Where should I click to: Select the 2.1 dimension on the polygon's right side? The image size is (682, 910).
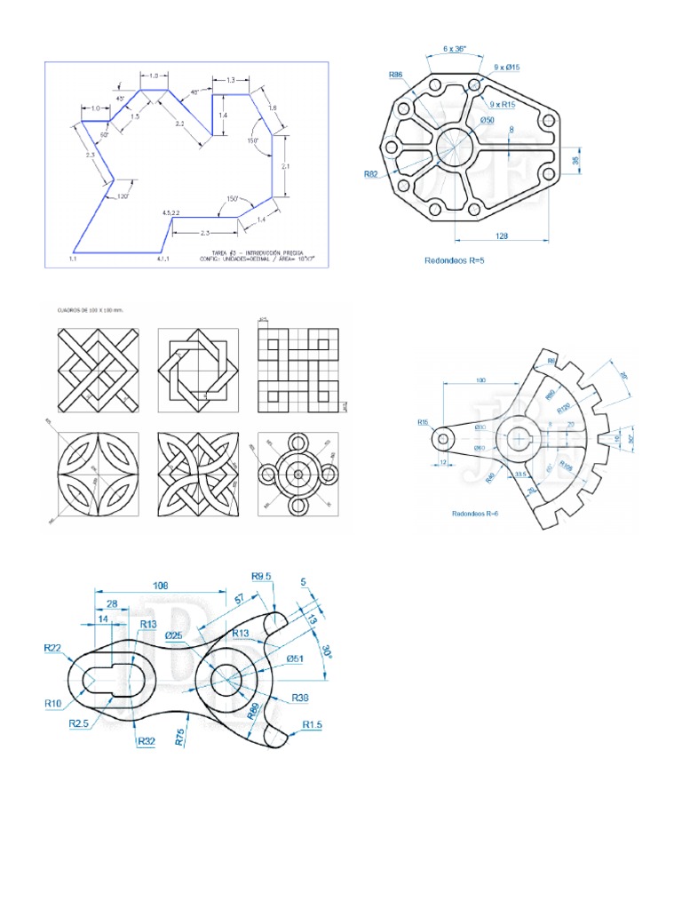(286, 166)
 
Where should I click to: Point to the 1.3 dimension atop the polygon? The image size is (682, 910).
(230, 81)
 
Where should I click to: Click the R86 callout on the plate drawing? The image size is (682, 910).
(397, 76)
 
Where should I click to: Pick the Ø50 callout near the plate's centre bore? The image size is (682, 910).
(488, 120)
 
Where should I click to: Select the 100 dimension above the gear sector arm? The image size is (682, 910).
(481, 380)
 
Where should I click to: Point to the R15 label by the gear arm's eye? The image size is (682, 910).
(424, 423)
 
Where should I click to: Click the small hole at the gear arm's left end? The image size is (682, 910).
(443, 437)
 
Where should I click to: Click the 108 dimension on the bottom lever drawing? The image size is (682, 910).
(161, 586)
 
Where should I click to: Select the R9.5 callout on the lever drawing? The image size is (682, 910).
(262, 577)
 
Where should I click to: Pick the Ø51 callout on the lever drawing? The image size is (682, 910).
(296, 659)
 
